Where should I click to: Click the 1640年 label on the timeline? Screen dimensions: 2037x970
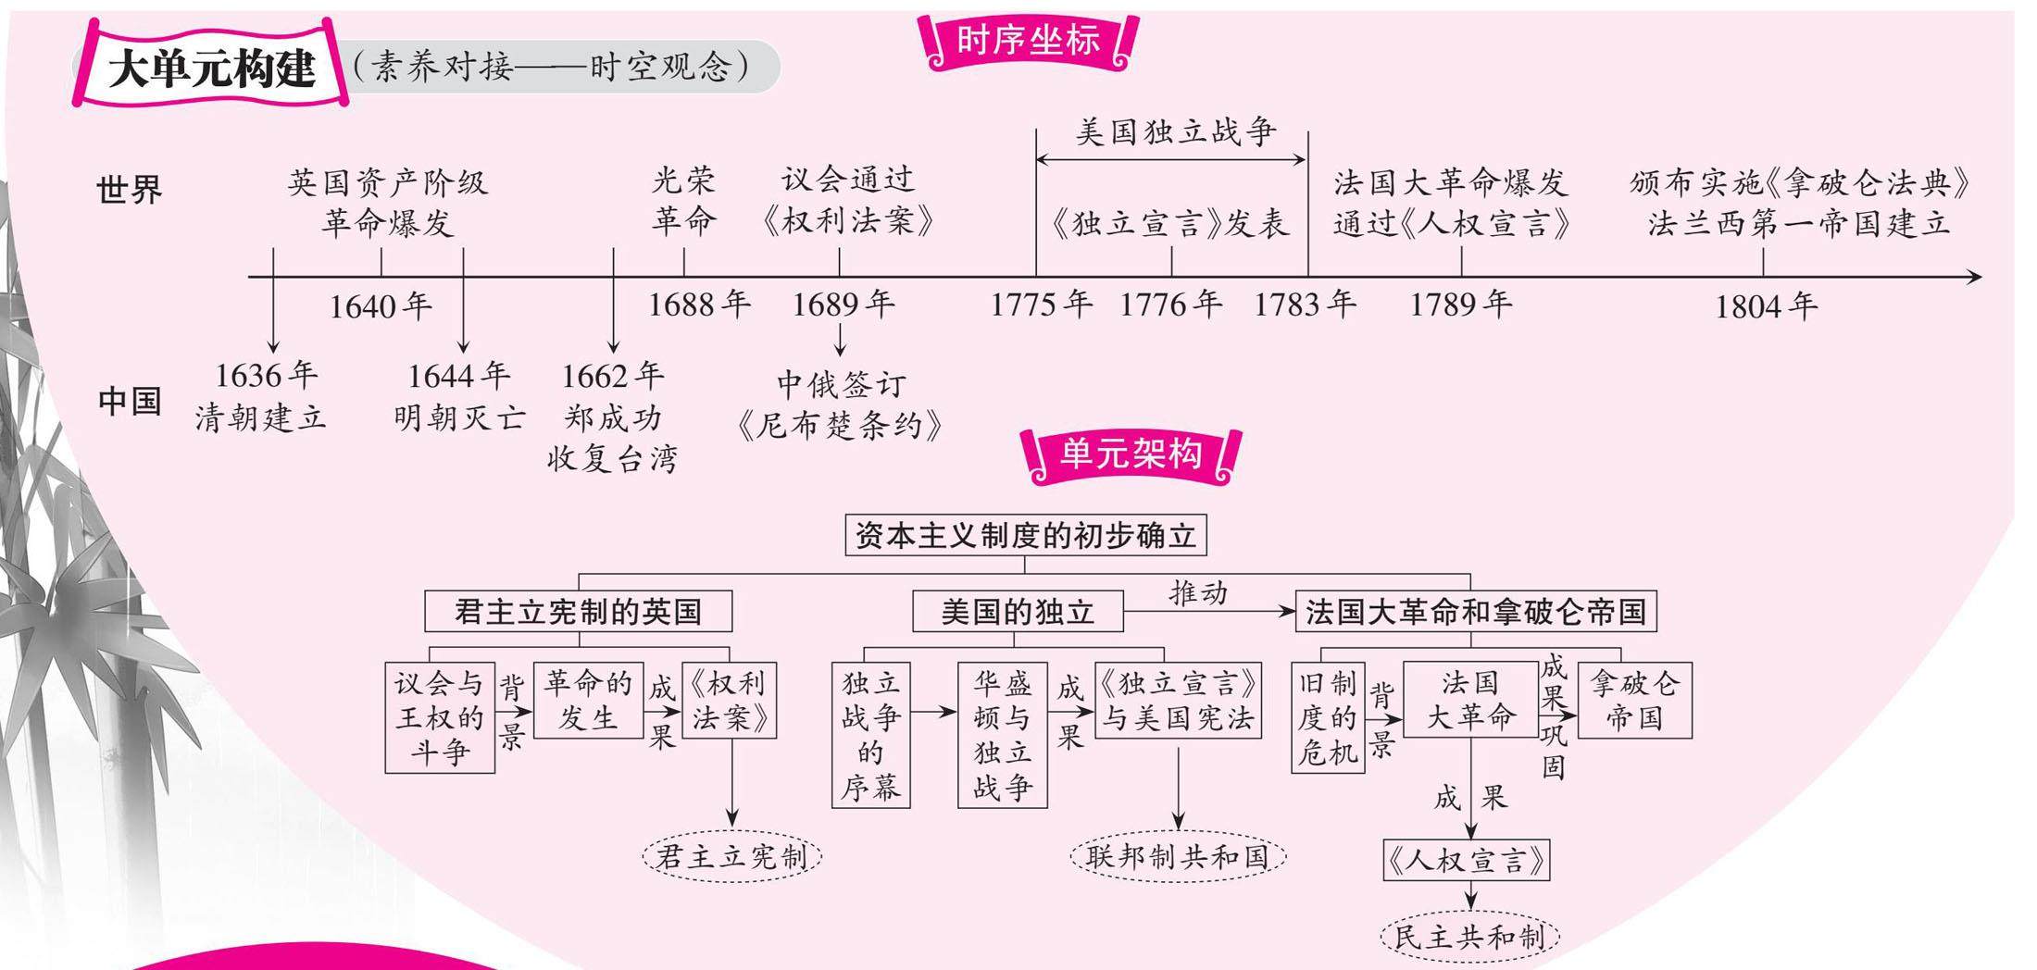(x=381, y=306)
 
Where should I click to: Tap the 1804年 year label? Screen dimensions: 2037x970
(x=1766, y=306)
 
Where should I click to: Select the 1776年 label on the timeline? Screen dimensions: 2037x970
(x=1170, y=304)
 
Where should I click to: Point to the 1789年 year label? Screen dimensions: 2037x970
(x=1460, y=304)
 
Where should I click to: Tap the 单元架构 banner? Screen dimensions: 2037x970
(x=1131, y=454)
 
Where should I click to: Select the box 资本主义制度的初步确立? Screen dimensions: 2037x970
(x=1025, y=536)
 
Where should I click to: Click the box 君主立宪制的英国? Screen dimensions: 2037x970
(x=578, y=612)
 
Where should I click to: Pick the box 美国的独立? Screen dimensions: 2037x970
(x=1018, y=612)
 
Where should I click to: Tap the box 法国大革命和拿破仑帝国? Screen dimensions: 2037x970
(x=1475, y=612)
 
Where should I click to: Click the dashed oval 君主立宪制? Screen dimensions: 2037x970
(x=731, y=856)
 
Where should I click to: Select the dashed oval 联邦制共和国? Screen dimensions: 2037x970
(x=1178, y=856)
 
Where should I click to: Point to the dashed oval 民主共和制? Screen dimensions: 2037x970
(x=1469, y=937)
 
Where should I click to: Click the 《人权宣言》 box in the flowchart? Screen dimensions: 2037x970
(x=1466, y=861)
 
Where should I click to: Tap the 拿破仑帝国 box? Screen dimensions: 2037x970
(x=1634, y=701)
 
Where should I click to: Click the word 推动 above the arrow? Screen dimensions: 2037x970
(x=1198, y=592)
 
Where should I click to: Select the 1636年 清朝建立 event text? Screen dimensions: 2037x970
(x=262, y=397)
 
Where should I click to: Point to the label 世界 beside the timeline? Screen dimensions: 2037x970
(x=129, y=190)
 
